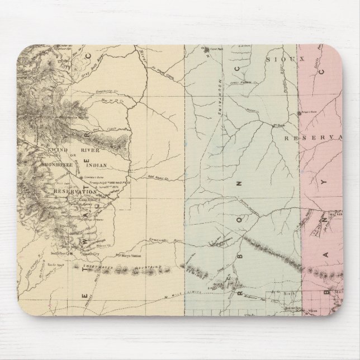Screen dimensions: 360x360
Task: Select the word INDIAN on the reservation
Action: (x=107, y=166)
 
